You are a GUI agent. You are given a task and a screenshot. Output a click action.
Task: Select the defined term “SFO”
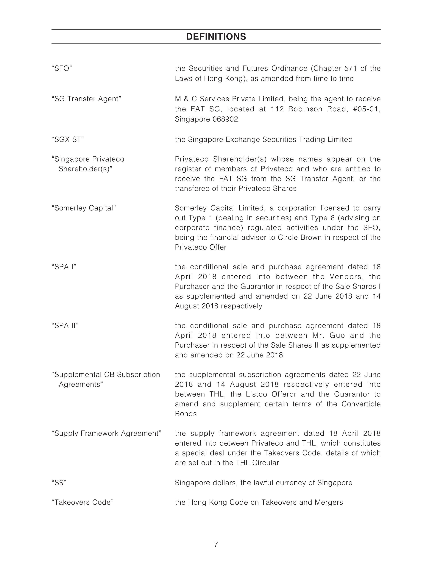(62, 68)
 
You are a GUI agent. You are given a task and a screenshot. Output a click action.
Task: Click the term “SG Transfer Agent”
(86, 99)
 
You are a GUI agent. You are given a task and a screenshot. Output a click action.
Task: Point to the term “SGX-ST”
(68, 140)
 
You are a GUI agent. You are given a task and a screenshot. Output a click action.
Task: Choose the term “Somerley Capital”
(84, 208)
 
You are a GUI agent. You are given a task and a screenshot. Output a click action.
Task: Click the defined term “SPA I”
(64, 267)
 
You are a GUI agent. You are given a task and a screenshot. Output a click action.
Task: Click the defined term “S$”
(59, 483)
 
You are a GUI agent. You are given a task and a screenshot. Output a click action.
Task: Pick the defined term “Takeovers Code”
(82, 502)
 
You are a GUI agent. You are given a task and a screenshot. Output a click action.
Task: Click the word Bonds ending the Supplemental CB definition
(186, 414)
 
